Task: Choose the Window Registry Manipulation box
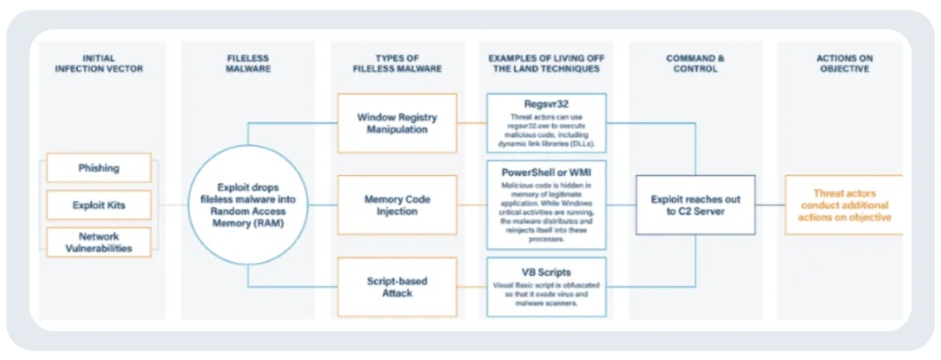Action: pyautogui.click(x=397, y=124)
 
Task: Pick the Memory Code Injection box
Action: pyautogui.click(x=397, y=204)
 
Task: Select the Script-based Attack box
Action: pyautogui.click(x=397, y=287)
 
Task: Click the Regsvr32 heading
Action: pyautogui.click(x=546, y=103)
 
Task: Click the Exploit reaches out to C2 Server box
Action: pyautogui.click(x=695, y=204)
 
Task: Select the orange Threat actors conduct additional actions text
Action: pyautogui.click(x=841, y=204)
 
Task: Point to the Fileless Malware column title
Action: pyautogui.click(x=248, y=64)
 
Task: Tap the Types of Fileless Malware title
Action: pyautogui.click(x=397, y=64)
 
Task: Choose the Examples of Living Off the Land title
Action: pyautogui.click(x=546, y=64)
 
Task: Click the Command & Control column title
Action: pyautogui.click(x=695, y=64)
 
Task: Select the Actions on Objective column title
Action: pyautogui.click(x=844, y=64)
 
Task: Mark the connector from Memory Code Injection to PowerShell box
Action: pyautogui.click(x=471, y=204)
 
